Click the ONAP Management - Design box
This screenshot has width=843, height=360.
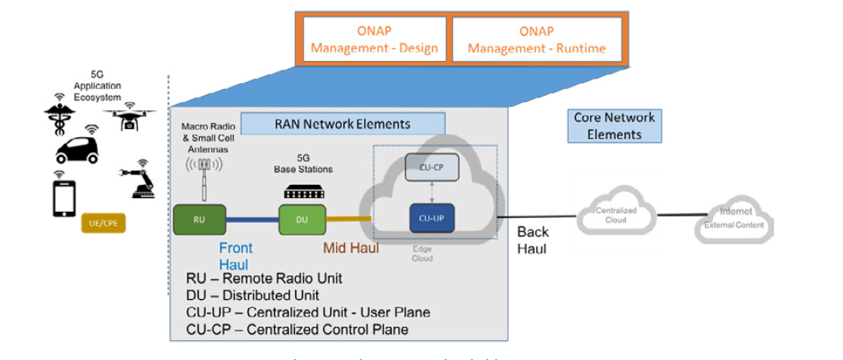[374, 40]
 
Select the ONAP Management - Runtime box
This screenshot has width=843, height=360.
[536, 40]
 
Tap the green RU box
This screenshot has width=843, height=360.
[199, 219]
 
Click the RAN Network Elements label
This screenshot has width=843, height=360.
[343, 124]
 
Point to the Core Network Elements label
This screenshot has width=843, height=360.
[615, 126]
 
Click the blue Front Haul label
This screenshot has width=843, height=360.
[236, 255]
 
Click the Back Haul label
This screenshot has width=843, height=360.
[534, 239]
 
